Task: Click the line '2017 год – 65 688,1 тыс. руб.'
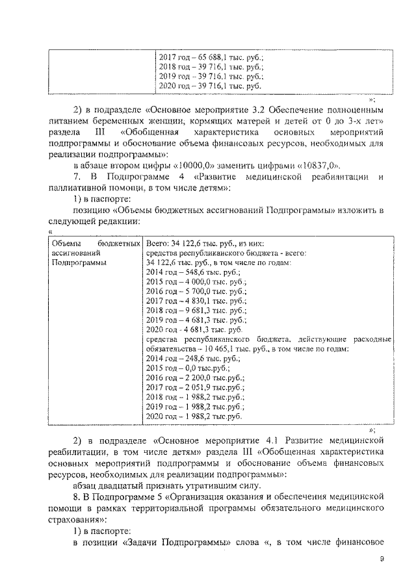coord(211,57)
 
